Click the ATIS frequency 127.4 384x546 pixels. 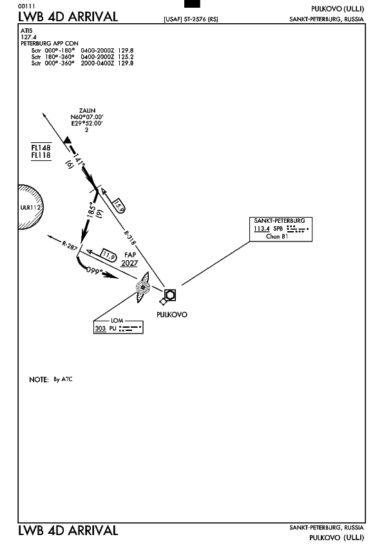point(28,37)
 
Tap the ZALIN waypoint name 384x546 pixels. point(87,111)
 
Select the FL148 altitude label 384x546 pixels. point(41,147)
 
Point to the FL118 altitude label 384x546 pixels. point(41,155)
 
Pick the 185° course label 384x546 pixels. point(91,210)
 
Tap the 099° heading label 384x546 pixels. point(95,270)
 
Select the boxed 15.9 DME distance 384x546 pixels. point(119,206)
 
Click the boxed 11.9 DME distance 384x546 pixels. point(108,255)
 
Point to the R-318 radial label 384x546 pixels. point(130,238)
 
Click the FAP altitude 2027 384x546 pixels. point(130,263)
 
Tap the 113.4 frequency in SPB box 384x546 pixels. point(262,229)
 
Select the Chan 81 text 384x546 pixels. point(277,236)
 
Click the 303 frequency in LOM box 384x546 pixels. point(101,328)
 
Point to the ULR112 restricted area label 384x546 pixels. point(31,207)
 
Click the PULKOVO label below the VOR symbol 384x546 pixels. point(172,314)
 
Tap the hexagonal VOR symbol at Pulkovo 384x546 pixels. point(169,295)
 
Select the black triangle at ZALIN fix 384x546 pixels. point(67,140)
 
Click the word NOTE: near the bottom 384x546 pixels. point(39,379)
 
